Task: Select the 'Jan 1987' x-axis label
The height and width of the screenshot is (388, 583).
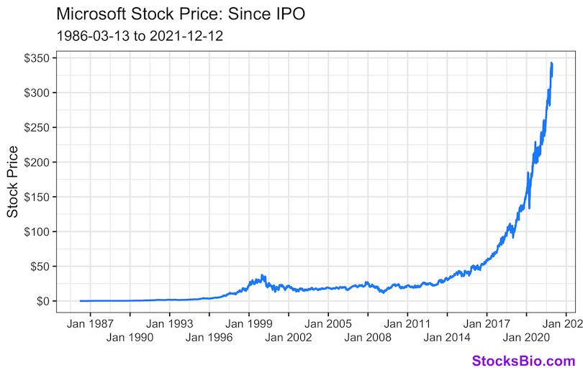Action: point(91,322)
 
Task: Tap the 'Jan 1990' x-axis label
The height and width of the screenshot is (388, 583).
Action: point(130,336)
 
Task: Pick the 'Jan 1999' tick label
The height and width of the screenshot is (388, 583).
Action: point(249,322)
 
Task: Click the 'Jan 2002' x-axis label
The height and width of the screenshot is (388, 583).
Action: point(289,336)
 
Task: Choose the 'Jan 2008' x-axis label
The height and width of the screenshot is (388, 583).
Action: point(368,336)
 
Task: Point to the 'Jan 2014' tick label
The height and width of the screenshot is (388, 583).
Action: point(447,336)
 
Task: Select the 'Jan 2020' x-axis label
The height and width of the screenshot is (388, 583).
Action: point(526,336)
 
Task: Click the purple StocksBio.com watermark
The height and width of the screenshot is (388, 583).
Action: point(523,361)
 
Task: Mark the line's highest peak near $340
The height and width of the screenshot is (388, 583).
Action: point(551,63)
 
